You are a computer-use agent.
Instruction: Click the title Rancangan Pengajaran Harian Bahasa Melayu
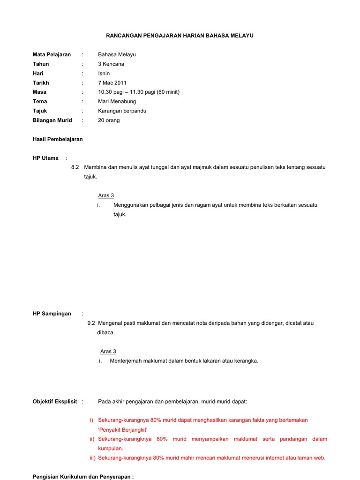coord(180,36)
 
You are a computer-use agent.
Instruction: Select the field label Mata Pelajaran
coord(52,54)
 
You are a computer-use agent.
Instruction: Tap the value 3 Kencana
coord(111,64)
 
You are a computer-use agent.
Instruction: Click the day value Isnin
coord(104,73)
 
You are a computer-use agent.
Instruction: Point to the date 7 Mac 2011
coord(112,82)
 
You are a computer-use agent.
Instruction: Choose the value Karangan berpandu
coord(122,111)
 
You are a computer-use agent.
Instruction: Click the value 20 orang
coord(109,120)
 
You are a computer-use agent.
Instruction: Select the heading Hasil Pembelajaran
coord(58,139)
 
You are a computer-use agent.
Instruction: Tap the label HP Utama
coord(45,158)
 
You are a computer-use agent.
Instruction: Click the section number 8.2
coord(75,167)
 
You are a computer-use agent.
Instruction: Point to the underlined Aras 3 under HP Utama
coord(106,195)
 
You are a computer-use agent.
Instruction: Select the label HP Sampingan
coord(52,314)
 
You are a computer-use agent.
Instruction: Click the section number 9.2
coord(91,323)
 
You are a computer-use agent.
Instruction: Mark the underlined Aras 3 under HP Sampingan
coord(108,351)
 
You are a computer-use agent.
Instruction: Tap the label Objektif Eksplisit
coord(55,402)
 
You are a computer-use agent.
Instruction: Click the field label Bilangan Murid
coord(52,120)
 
